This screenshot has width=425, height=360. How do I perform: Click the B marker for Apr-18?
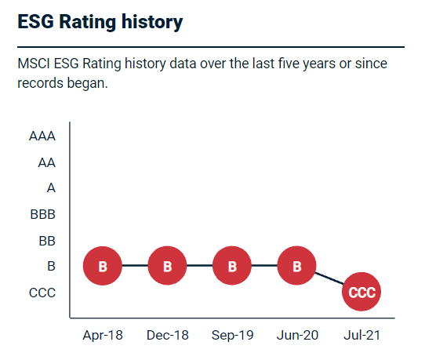click(103, 266)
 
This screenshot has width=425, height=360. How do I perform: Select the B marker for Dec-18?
click(167, 266)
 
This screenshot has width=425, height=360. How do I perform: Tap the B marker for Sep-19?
click(232, 266)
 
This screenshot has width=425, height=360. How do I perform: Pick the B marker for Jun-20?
click(296, 266)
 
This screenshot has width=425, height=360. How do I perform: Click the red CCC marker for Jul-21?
click(361, 293)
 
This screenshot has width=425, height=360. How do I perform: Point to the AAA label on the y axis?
click(42, 136)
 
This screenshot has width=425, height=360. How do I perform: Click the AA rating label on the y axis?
click(46, 162)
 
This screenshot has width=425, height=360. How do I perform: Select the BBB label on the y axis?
click(42, 214)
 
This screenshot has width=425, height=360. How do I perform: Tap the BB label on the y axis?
click(46, 240)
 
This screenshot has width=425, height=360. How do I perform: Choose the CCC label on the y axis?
click(42, 293)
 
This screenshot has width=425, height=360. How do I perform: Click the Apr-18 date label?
click(103, 335)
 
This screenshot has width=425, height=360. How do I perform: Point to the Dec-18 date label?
click(167, 335)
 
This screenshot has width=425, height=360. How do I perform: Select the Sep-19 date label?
click(232, 335)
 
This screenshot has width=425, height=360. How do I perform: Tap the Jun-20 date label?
click(296, 335)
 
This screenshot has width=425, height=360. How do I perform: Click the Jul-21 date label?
click(361, 335)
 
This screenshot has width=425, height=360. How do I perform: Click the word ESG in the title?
click(36, 22)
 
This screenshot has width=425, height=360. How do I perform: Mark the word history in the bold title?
click(147, 22)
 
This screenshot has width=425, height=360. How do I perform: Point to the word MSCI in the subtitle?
click(35, 64)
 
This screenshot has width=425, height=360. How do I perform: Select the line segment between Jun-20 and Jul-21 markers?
click(330, 280)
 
